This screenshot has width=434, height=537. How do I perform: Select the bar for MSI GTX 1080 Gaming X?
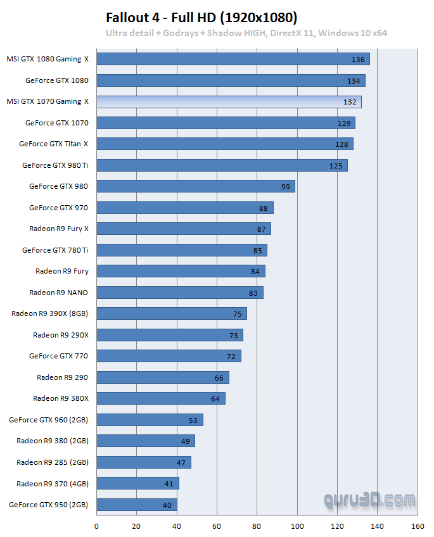pyautogui.click(x=233, y=59)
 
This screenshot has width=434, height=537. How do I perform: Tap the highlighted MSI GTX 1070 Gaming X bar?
pyautogui.click(x=229, y=101)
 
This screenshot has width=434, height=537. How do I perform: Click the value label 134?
pyautogui.click(x=354, y=80)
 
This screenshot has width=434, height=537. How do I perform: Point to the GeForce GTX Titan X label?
pyautogui.click(x=53, y=144)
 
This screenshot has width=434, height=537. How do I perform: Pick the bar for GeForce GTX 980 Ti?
pyautogui.click(x=222, y=165)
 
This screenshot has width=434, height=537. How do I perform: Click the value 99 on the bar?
pyautogui.click(x=285, y=187)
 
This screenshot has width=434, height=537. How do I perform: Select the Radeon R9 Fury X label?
pyautogui.click(x=58, y=229)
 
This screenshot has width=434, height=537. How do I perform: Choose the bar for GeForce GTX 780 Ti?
pyautogui.click(x=182, y=250)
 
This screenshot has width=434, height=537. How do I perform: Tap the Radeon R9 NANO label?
pyautogui.click(x=58, y=293)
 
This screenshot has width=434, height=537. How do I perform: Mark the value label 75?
pyautogui.click(x=238, y=314)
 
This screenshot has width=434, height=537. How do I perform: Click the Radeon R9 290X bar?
pyautogui.click(x=170, y=335)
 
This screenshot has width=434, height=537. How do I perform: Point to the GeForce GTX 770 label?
pyautogui.click(x=58, y=356)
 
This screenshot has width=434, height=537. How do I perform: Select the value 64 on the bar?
pyautogui.click(x=215, y=399)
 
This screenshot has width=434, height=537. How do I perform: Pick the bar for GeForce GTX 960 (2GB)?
pyautogui.click(x=150, y=420)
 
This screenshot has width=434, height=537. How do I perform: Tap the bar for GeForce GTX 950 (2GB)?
pyautogui.click(x=137, y=505)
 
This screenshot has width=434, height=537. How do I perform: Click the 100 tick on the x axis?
pyautogui.click(x=297, y=526)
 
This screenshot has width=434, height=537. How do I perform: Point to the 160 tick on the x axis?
pyautogui.click(x=418, y=526)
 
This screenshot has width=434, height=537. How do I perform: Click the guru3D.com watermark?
pyautogui.click(x=370, y=501)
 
